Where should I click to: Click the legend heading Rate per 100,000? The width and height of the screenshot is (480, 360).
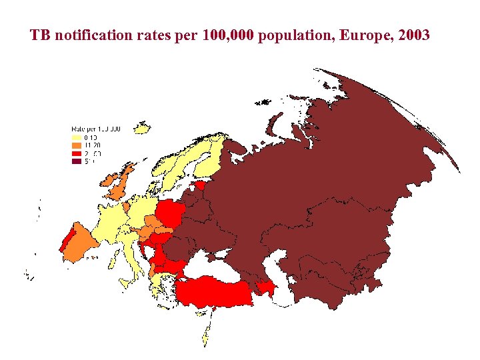tap(96, 128)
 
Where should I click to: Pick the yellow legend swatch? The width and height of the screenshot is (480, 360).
tap(76, 137)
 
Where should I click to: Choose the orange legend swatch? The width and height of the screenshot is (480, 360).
tap(76, 145)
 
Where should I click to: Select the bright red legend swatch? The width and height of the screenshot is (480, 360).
tap(76, 153)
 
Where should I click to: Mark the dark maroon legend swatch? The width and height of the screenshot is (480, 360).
tap(76, 161)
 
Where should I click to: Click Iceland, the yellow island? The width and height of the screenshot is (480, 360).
tap(141, 128)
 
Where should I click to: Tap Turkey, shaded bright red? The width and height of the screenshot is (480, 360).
tap(213, 293)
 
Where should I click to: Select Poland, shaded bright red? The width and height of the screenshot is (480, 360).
tap(171, 213)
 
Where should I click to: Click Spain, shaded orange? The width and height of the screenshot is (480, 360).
tap(83, 243)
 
